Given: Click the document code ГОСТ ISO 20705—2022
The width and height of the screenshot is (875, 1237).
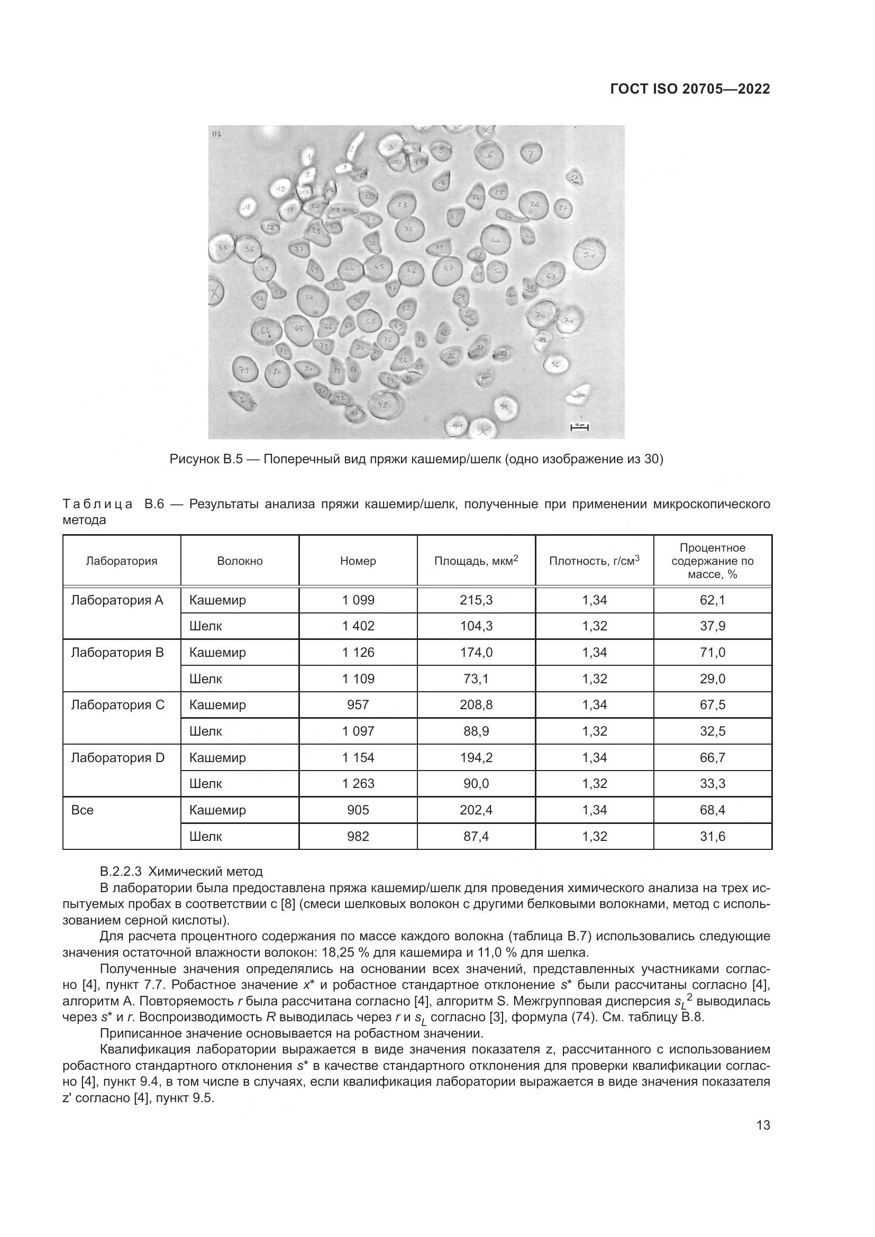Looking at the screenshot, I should point(690,89).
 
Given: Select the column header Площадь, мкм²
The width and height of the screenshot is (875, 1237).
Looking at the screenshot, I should point(476,561).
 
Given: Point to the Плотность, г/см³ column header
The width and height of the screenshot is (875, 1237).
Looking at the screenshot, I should point(594,561).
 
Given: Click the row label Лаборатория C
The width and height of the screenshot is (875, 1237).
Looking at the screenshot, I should point(118,704).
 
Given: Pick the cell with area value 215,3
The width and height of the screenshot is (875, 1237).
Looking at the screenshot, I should point(476,600).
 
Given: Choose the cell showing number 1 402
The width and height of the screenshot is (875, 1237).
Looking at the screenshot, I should point(358,626).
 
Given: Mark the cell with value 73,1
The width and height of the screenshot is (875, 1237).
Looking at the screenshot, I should point(476,679).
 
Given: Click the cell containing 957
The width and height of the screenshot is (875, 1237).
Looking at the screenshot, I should point(358,704).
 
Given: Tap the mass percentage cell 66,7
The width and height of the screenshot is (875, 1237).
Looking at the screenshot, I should point(712,757).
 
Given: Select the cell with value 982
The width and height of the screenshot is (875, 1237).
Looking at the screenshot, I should point(358,836).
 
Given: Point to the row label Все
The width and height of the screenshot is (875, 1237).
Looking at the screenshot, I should point(83,810).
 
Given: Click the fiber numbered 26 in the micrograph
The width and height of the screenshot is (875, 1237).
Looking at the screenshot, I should point(534,205).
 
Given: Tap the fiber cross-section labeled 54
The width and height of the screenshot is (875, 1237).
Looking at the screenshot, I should point(312,298).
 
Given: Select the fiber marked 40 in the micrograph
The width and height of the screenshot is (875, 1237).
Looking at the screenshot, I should point(496,240).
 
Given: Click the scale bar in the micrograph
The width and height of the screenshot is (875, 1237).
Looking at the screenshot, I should point(579,427).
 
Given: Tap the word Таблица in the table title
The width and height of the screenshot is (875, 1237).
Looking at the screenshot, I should point(97,505).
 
